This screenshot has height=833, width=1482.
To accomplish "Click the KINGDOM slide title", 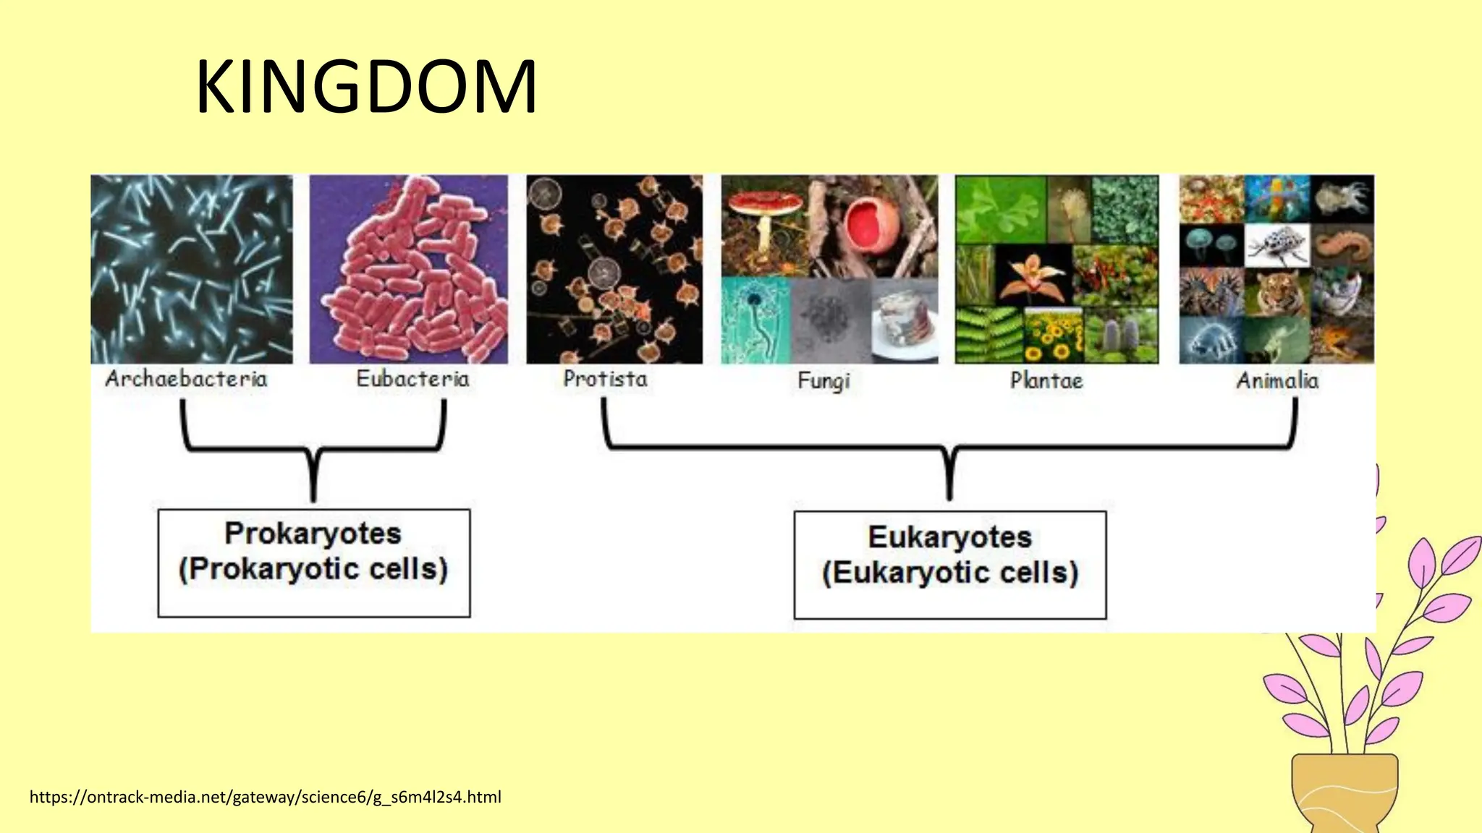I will point(366,87).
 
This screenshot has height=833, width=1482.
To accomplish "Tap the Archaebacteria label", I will point(186,378).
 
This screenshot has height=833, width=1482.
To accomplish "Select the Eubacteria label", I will point(412,378).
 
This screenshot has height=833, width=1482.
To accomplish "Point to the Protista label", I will point(605,378).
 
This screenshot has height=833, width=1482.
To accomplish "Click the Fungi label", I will point(823,380).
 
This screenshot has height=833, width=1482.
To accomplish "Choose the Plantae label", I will point(1046,380).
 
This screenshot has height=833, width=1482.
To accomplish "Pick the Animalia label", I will point(1277,380).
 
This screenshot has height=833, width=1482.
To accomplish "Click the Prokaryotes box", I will point(313,563).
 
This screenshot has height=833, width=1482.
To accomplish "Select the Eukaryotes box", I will point(949,565).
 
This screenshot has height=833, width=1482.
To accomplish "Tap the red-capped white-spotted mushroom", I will point(765,207).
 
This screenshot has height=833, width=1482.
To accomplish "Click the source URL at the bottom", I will point(265,797).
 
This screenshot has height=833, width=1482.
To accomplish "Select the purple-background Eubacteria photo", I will point(409,269).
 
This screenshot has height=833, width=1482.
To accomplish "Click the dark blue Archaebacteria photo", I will point(192,269).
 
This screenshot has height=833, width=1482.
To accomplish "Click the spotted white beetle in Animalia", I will point(1278,245).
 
